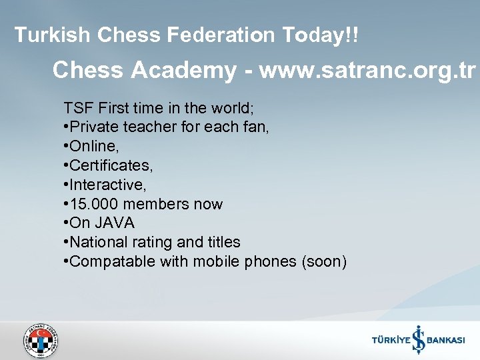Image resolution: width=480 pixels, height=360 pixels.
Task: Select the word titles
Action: click(x=224, y=242)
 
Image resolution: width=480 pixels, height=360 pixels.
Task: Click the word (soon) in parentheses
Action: click(x=325, y=261)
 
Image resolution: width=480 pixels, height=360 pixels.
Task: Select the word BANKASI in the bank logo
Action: click(x=446, y=340)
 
